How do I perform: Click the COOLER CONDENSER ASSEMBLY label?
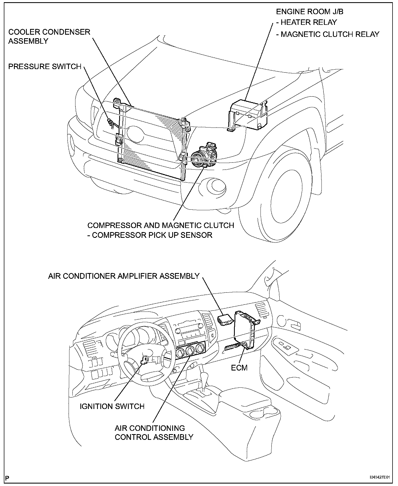[x=49, y=36]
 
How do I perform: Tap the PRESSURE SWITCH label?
[x=45, y=67]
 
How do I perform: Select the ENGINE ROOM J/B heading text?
[x=310, y=11]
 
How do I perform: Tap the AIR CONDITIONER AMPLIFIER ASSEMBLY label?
[x=124, y=276]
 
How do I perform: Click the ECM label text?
[x=239, y=368]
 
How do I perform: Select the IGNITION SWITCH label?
[x=112, y=406]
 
